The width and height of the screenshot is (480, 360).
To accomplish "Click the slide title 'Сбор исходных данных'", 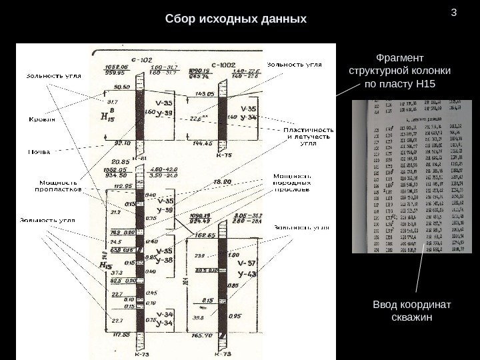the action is pos(236,18).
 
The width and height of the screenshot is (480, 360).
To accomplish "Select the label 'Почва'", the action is pos(39,151).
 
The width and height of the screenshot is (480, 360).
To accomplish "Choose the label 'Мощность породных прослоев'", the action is pos(291,183).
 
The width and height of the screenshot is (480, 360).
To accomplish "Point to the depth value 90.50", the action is pos(122,87).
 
